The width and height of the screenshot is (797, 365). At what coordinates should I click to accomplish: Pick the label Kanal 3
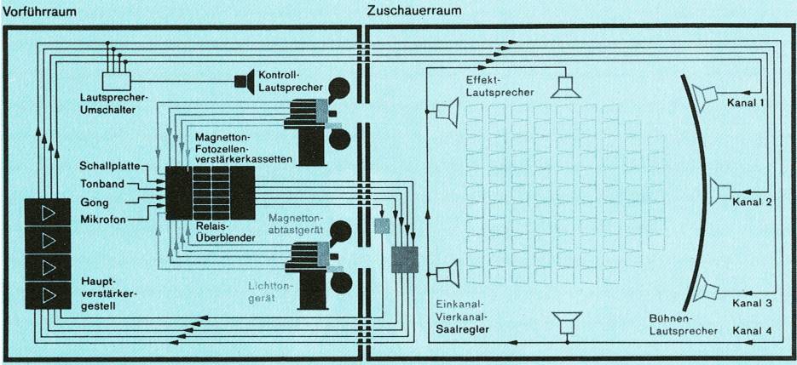click(x=751, y=304)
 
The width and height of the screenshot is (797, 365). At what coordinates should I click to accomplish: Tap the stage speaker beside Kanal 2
click(x=720, y=195)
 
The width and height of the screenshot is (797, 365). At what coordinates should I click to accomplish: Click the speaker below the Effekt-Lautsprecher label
click(x=566, y=86)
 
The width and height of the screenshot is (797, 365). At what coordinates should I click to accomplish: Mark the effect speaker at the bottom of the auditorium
click(x=566, y=322)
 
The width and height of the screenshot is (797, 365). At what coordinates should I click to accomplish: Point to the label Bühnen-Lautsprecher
click(x=675, y=325)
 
